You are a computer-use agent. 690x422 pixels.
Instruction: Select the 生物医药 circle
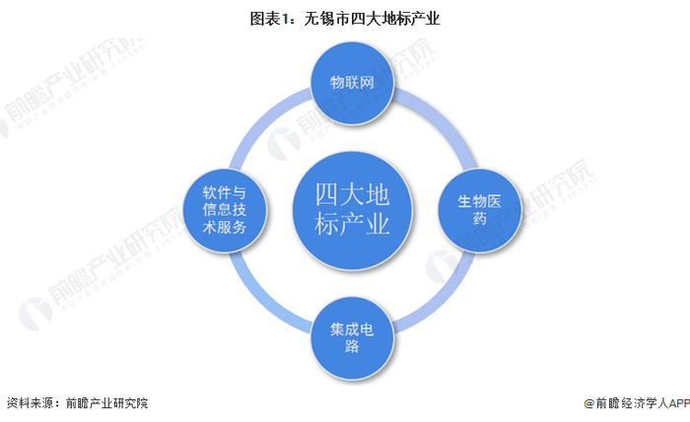[x=479, y=209]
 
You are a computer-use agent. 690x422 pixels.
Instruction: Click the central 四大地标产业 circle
[x=352, y=209]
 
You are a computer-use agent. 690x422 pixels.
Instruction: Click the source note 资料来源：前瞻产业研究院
[x=77, y=403]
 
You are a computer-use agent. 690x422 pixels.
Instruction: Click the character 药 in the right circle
[x=479, y=219]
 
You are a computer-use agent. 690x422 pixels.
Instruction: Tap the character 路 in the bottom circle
[x=352, y=349]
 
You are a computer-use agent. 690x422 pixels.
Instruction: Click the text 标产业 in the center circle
[x=352, y=225]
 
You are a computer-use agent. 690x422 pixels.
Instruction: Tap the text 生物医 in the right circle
[x=479, y=200]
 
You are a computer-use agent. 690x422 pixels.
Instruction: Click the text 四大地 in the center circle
[x=352, y=191]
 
